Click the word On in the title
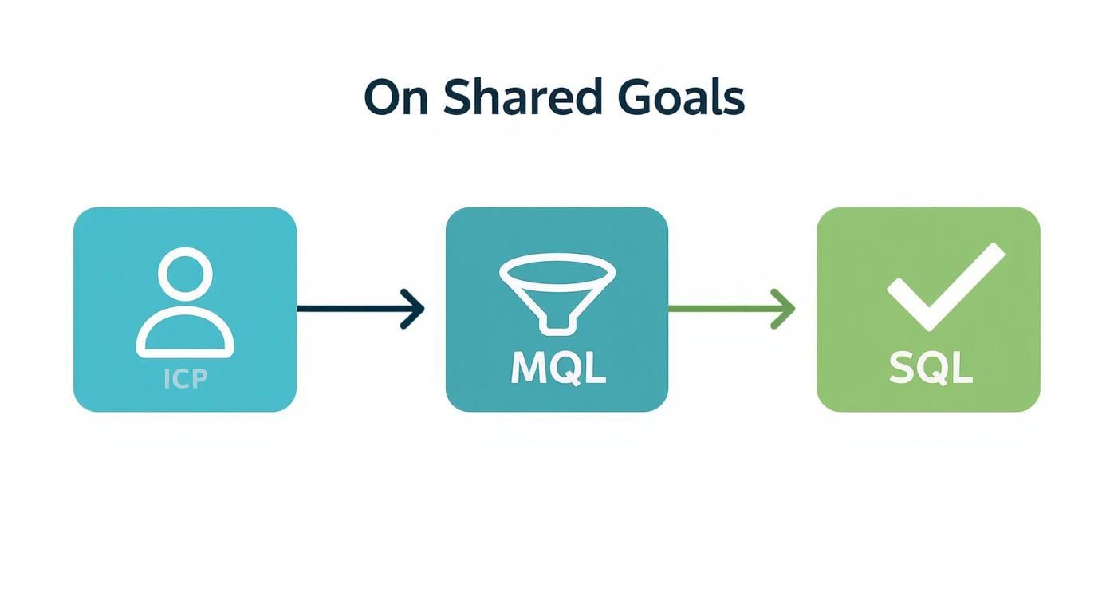point(396,98)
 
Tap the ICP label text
point(185,379)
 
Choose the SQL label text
point(930,369)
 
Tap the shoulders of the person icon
point(185,336)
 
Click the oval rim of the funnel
point(557,268)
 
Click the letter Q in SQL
point(931,369)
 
